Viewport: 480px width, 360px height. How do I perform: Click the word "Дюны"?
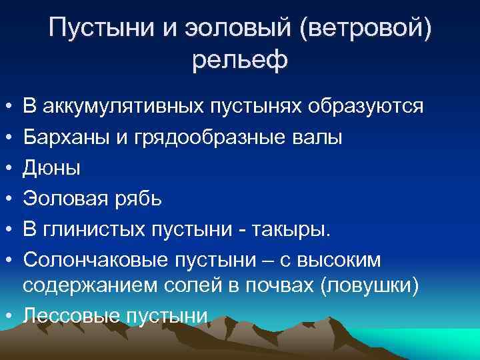coord(52,168)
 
